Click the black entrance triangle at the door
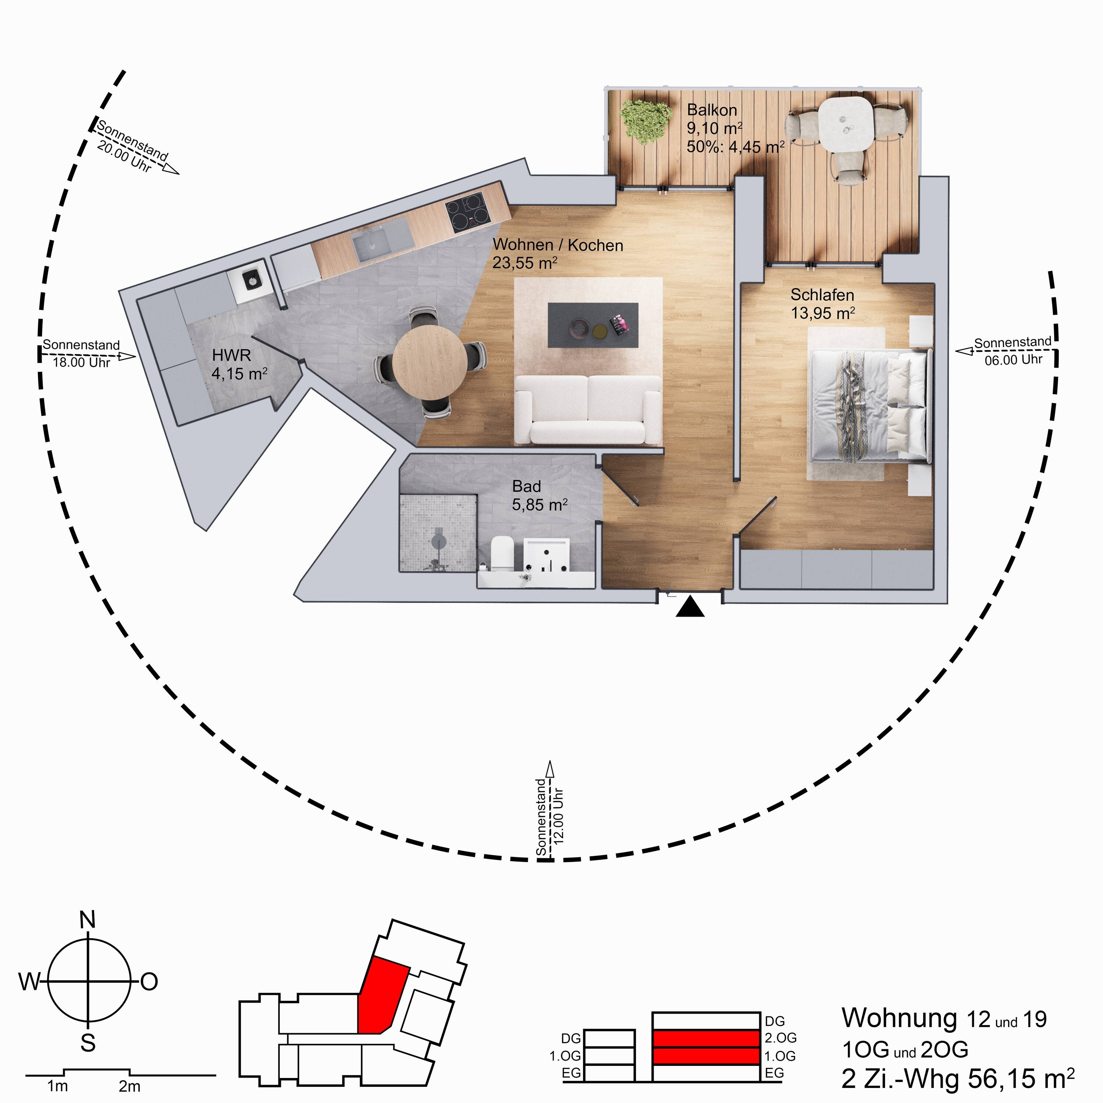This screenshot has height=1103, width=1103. pos(690,607)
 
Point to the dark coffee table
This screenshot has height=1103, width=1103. pos(593,324)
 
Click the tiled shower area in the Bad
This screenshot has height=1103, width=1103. pos(438,533)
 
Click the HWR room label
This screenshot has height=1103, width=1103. pos(231,355)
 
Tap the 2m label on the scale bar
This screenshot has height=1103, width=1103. pos(129,1086)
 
